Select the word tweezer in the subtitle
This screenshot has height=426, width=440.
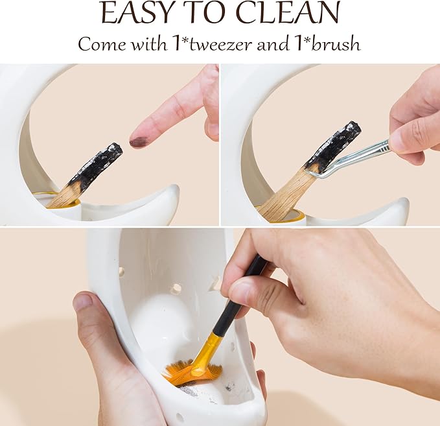coord(221,44)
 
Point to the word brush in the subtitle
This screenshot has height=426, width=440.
coord(336,44)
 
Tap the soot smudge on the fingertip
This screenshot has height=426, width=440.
coord(137,140)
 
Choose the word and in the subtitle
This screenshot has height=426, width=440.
coord(272,44)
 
